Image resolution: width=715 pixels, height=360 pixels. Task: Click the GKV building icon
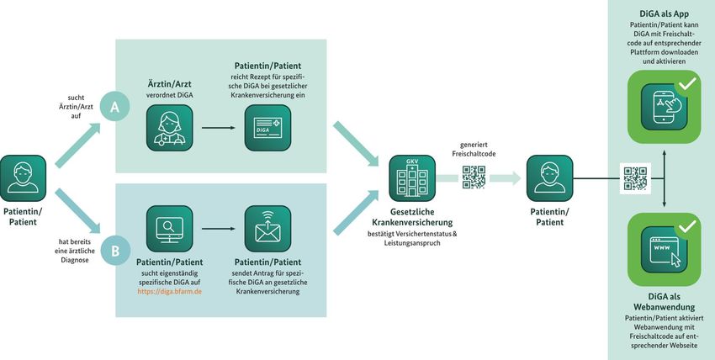412,177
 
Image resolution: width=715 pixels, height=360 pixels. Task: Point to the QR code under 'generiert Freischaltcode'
474,177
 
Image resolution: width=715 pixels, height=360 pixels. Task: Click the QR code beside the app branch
635,177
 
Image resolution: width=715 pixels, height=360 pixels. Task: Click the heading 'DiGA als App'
665,15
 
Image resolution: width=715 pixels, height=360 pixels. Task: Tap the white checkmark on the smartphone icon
687,83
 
